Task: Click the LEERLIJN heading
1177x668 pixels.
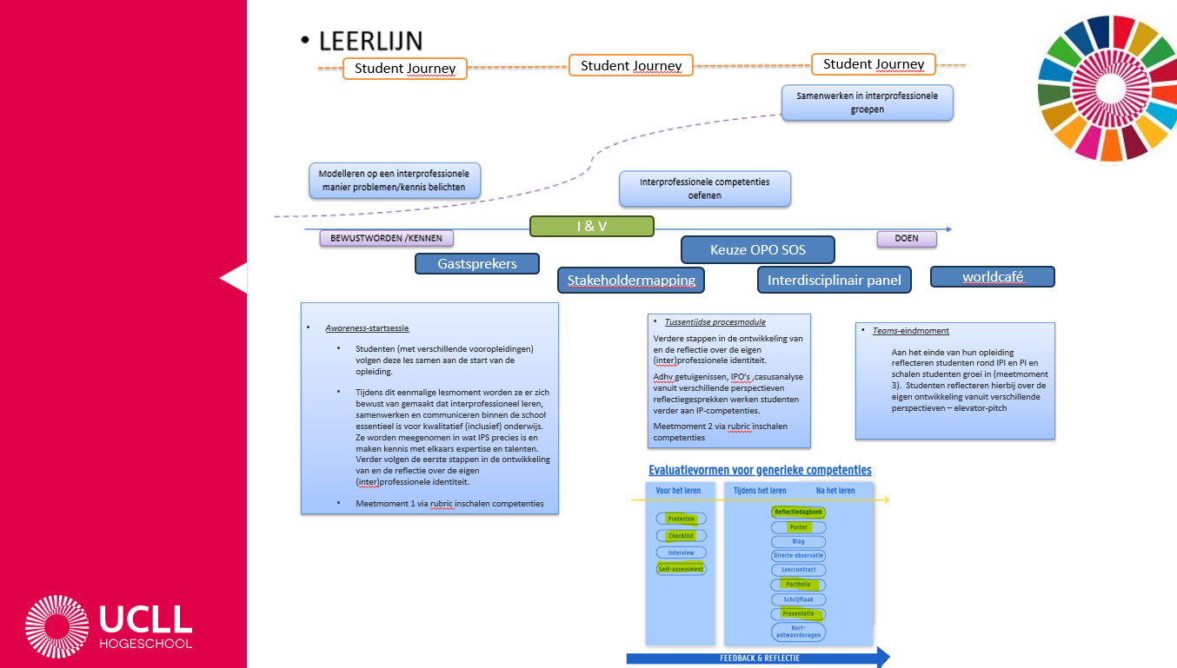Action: (x=370, y=40)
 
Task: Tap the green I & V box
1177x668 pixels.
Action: (x=591, y=226)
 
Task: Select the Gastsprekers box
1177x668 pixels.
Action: (x=477, y=263)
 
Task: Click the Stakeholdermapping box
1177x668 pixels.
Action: (x=631, y=280)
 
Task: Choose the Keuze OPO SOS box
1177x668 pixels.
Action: (x=757, y=249)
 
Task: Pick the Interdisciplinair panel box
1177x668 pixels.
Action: (x=834, y=280)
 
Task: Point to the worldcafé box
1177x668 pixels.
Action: (x=992, y=277)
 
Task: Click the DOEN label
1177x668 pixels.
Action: (x=908, y=238)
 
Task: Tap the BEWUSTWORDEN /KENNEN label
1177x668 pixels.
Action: (x=386, y=238)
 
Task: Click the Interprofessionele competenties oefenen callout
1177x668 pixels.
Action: (x=704, y=188)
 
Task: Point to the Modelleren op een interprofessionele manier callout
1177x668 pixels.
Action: (x=394, y=181)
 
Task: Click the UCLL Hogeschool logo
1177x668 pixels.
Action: (x=109, y=626)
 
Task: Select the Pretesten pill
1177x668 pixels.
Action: (x=681, y=519)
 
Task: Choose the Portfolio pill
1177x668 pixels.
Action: (x=798, y=584)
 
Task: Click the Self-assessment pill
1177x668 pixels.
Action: (x=681, y=569)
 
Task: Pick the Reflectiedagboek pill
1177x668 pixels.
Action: (x=798, y=512)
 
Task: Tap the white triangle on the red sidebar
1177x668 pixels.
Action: (x=235, y=279)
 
